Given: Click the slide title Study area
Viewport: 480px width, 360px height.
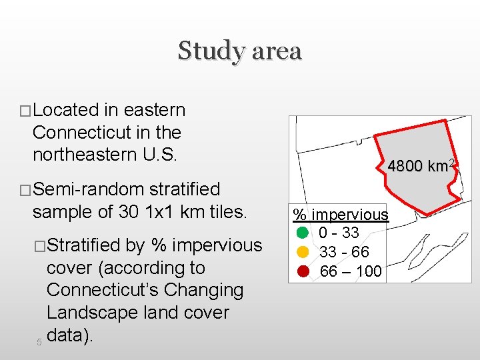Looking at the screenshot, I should coord(239,51).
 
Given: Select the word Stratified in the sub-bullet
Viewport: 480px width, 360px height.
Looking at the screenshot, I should coord(84,246).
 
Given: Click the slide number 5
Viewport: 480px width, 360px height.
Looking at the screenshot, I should coord(39,342).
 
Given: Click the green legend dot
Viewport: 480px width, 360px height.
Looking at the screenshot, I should coord(302,233).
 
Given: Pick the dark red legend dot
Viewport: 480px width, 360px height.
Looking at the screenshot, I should coord(302,271).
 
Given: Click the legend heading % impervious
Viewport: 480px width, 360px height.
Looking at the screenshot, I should coord(341,215).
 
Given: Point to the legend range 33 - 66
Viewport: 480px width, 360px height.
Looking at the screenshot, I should coord(344,253).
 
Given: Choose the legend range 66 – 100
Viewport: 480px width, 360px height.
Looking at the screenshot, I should coord(351,271).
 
